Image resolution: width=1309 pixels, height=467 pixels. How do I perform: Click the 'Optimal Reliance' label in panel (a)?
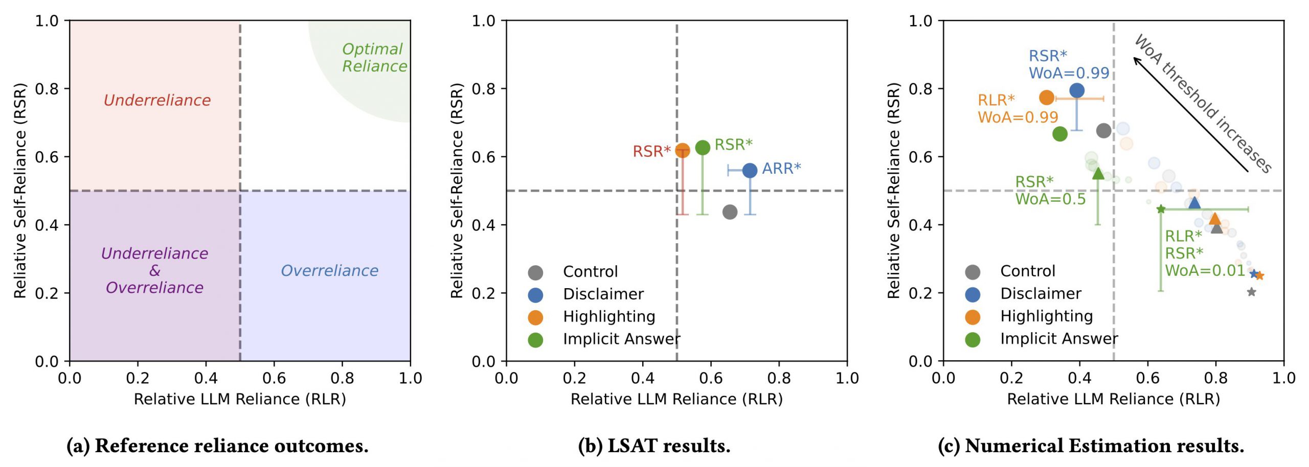(374, 58)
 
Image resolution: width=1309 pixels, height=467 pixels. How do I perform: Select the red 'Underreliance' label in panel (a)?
(157, 100)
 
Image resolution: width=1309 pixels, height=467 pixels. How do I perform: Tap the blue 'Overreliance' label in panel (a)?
(329, 270)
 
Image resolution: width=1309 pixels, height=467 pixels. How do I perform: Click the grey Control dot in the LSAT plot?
(730, 212)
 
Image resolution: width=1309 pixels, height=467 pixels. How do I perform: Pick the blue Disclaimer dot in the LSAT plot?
(750, 170)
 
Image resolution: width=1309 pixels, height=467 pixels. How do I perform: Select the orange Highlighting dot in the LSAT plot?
(683, 150)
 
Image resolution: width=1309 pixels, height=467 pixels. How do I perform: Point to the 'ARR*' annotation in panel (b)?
(781, 169)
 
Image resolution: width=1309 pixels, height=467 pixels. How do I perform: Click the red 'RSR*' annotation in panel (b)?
(651, 151)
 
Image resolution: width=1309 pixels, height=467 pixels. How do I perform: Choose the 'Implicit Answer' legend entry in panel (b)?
(621, 339)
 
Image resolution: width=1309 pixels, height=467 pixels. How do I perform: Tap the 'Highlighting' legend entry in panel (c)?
(1046, 316)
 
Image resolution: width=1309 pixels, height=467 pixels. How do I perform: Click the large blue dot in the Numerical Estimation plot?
(1077, 90)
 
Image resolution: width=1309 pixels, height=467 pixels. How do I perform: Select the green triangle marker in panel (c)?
(1098, 174)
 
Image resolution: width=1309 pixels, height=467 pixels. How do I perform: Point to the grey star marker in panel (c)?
(1251, 292)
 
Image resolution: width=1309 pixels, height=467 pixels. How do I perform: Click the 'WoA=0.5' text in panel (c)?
(1050, 199)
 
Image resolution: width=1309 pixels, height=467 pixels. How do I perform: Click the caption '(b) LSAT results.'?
(654, 446)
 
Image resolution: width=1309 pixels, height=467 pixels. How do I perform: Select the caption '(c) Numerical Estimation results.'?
(1091, 446)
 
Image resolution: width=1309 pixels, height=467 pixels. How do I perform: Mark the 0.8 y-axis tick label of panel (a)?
(47, 89)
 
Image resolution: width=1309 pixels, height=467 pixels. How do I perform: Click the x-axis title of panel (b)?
(676, 399)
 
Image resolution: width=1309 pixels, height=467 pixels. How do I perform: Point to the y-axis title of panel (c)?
(893, 191)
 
